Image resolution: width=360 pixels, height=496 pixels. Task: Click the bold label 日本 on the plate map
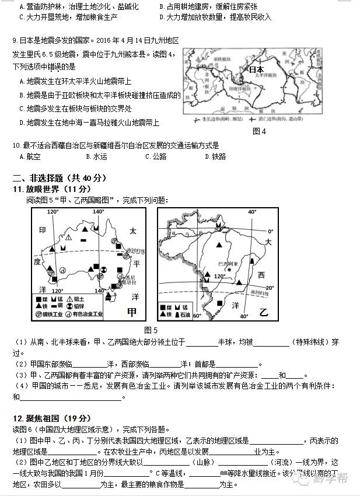click(256, 69)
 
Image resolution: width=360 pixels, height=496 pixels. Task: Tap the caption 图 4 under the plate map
click(259, 131)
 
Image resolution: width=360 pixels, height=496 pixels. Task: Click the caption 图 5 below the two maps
click(151, 330)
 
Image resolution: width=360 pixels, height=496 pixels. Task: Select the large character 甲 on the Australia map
click(132, 313)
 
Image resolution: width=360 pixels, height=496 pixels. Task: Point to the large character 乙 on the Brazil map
click(263, 313)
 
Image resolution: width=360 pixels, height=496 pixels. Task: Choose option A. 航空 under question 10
click(30, 156)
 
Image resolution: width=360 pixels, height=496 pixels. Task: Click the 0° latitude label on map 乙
click(270, 231)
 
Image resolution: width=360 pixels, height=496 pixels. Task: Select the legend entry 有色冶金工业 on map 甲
click(86, 315)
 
